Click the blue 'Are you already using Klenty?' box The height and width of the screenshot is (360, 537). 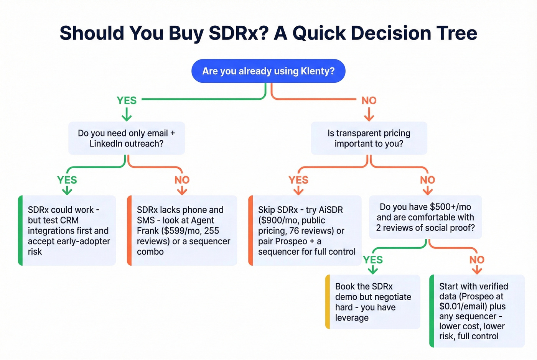pyautogui.click(x=268, y=71)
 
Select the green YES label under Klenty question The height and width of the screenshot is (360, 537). pyautogui.click(x=127, y=100)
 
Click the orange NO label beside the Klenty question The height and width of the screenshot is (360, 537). pyautogui.click(x=369, y=100)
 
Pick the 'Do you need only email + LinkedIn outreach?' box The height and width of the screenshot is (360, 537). pyautogui.click(x=126, y=138)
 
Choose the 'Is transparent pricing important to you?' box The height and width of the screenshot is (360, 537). pyautogui.click(x=369, y=138)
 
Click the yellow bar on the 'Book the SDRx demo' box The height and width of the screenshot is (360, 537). pyautogui.click(x=328, y=302)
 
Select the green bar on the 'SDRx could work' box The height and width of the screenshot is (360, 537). pyautogui.click(x=20, y=230)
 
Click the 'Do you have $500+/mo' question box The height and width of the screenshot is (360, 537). pyautogui.click(x=425, y=217)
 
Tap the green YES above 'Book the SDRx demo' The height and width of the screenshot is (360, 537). pyautogui.click(x=373, y=260)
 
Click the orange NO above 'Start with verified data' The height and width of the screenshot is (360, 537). pyautogui.click(x=477, y=260)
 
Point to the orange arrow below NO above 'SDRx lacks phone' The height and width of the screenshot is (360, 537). pyautogui.click(x=182, y=190)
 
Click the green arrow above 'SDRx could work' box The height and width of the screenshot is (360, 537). pyautogui.click(x=67, y=190)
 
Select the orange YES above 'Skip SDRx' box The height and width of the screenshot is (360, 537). pyautogui.click(x=298, y=180)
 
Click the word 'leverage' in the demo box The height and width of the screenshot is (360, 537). pyautogui.click(x=352, y=318)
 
